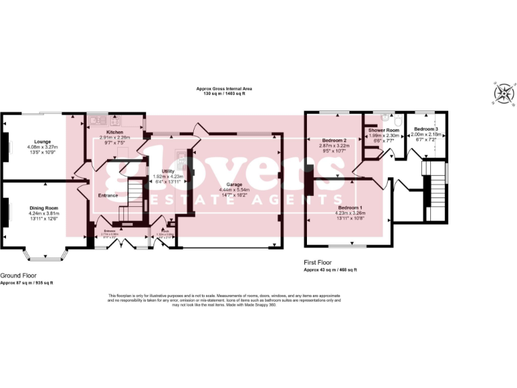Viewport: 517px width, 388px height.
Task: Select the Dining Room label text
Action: pos(43,208)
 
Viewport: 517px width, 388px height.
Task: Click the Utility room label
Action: pos(168,172)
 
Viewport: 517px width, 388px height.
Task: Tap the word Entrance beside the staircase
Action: pos(108,196)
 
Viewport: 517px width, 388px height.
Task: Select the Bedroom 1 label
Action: pos(349,207)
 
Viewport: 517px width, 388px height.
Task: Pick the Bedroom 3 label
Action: pos(426,129)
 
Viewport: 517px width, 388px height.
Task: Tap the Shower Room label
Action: pos(384,130)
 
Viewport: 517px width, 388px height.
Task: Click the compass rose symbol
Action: pos(502,94)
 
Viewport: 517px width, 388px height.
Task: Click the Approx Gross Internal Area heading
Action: pos(224,89)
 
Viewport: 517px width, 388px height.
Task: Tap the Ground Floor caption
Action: pos(18,276)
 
